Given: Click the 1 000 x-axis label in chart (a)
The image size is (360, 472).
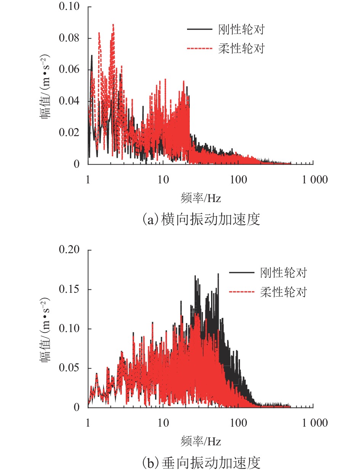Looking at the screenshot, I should (x=313, y=180).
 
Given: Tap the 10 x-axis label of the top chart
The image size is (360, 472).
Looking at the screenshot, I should (x=163, y=180).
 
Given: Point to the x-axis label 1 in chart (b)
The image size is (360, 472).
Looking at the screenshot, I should (x=88, y=423).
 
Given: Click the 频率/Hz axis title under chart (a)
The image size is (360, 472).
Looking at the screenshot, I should (x=201, y=198).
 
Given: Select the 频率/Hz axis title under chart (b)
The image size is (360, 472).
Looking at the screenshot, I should (x=201, y=442).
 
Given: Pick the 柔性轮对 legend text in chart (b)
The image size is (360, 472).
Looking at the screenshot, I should (x=284, y=292).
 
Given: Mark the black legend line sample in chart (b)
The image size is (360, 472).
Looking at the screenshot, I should (x=242, y=273).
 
